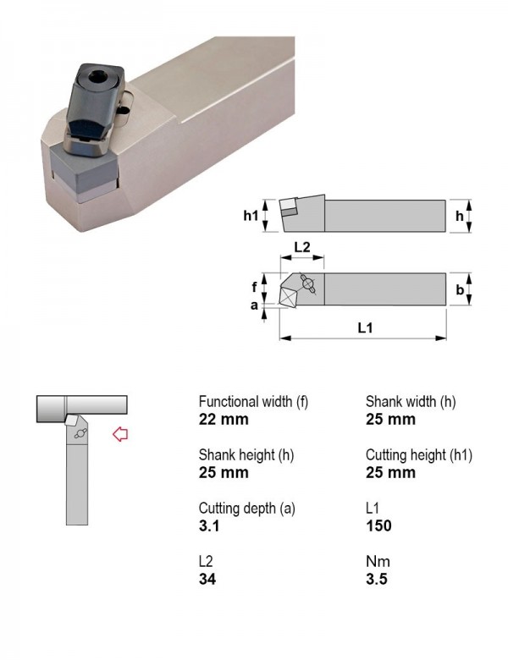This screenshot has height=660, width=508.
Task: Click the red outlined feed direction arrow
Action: pyautogui.click(x=120, y=434)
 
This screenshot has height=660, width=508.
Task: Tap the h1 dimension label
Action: pyautogui.click(x=251, y=216)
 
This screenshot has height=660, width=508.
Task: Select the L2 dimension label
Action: pyautogui.click(x=301, y=247)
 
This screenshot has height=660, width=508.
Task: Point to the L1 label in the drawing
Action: pyautogui.click(x=365, y=327)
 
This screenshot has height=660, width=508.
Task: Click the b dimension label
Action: pyautogui.click(x=460, y=289)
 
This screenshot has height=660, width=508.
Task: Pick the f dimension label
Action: pyautogui.click(x=254, y=287)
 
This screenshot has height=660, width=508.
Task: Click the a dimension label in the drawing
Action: pyautogui.click(x=254, y=305)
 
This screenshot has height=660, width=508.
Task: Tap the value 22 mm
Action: pyautogui.click(x=224, y=419)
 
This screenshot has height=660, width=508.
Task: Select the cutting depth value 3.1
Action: pyautogui.click(x=209, y=525)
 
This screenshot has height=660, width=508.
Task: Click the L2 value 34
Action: pyautogui.click(x=207, y=579)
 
